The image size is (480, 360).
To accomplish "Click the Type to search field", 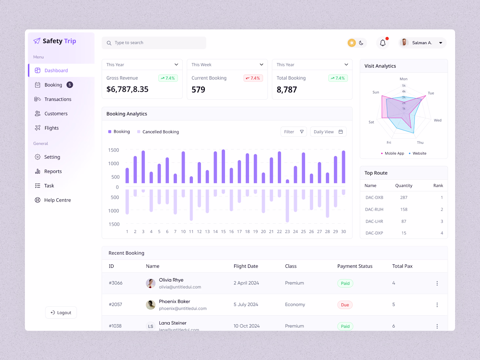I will (154, 43).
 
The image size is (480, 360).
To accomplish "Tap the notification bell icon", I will (382, 43).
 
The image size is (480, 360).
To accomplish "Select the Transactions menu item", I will (58, 99).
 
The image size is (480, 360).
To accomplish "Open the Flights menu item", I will (51, 128).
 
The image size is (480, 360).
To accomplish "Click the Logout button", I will (61, 313).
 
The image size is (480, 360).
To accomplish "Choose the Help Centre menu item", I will (57, 200).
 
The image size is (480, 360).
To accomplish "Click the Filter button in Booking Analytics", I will (293, 132).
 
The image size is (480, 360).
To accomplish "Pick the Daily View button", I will (328, 132).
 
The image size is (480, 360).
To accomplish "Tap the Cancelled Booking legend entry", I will (160, 132).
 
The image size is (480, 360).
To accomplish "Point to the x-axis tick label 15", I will (223, 232).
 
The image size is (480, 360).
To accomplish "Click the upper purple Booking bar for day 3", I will (143, 167).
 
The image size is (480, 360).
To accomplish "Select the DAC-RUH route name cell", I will (374, 209).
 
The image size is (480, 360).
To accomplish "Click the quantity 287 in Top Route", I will (404, 198).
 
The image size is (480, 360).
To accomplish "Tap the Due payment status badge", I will (345, 305).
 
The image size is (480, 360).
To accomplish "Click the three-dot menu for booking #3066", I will (437, 283).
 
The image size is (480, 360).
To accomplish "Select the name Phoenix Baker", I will (174, 301).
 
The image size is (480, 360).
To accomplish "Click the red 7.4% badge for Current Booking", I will (253, 78).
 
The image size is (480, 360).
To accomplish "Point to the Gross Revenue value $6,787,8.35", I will (127, 89).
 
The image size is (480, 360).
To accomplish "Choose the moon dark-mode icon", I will (361, 43).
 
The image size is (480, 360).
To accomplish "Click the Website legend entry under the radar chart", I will (419, 153).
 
